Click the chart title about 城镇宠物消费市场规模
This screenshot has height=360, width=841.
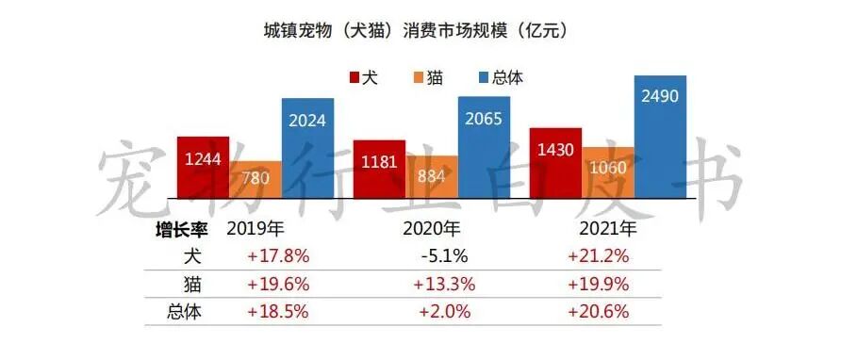pyautogui.click(x=420, y=31)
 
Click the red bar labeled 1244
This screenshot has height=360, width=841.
pyautogui.click(x=203, y=166)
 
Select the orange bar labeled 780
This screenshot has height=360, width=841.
pyautogui.click(x=255, y=179)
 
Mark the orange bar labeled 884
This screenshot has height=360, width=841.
pyautogui.click(x=432, y=176)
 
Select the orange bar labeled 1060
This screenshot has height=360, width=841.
pyautogui.click(x=608, y=172)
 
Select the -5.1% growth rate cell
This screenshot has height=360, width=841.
pyautogui.click(x=437, y=255)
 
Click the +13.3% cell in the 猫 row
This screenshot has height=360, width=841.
pyautogui.click(x=442, y=284)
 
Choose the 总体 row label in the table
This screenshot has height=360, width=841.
pyautogui.click(x=187, y=311)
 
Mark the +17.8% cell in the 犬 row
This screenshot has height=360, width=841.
pyautogui.click(x=279, y=255)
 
